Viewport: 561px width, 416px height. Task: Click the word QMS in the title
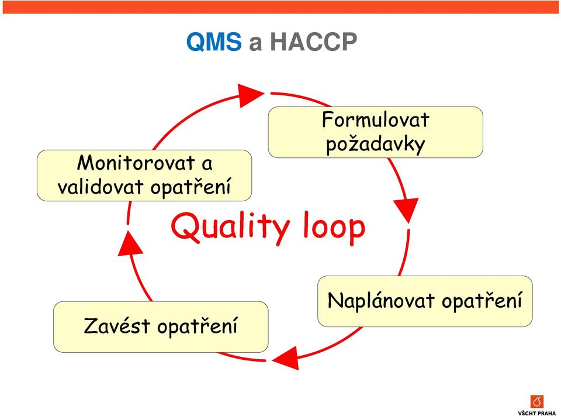pyautogui.click(x=214, y=42)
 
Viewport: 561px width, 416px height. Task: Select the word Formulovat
pyautogui.click(x=375, y=120)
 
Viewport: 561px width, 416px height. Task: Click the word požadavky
pyautogui.click(x=375, y=145)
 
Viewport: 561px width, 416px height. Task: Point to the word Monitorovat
pyautogui.click(x=136, y=163)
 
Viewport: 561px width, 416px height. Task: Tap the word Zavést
pyautogui.click(x=117, y=326)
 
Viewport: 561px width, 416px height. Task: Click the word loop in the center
pyautogui.click(x=334, y=228)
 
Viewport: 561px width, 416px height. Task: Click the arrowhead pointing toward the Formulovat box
pyautogui.click(x=250, y=95)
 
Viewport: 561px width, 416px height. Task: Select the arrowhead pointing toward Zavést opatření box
pyautogui.click(x=286, y=357)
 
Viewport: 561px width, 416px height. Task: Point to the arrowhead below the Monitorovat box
pyautogui.click(x=130, y=243)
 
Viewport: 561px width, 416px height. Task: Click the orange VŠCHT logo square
pyautogui.click(x=537, y=402)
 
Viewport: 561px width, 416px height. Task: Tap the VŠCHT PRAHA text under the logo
pyautogui.click(x=537, y=412)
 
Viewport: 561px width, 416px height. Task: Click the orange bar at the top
pyautogui.click(x=280, y=7)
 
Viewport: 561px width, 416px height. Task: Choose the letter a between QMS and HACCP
pyautogui.click(x=255, y=43)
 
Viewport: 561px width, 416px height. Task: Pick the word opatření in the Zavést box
pyautogui.click(x=197, y=326)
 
